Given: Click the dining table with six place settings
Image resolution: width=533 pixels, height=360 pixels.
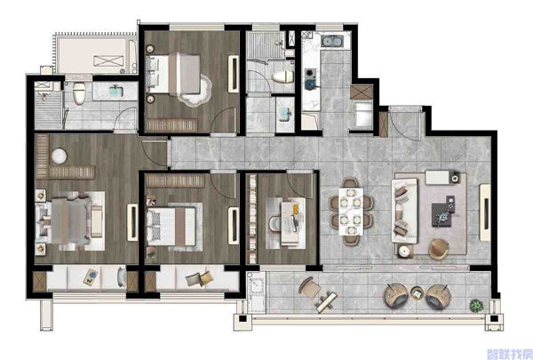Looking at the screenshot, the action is click(351, 211).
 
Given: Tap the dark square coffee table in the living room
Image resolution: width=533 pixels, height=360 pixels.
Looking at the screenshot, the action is click(443, 213).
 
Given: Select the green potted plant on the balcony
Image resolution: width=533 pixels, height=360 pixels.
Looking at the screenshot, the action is click(476, 306).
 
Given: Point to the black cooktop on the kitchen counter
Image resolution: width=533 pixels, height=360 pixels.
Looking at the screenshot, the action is click(311, 79).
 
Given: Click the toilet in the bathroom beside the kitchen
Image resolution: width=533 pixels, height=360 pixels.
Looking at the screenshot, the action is click(283, 76).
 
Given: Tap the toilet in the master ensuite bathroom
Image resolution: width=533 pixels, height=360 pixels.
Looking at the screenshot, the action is click(79, 93).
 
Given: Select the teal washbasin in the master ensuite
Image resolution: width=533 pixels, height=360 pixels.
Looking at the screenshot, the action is click(115, 91).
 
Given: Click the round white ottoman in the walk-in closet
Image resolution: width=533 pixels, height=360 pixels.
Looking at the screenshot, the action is click(60, 156).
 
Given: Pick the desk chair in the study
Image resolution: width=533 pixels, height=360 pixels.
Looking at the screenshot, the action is click(274, 223).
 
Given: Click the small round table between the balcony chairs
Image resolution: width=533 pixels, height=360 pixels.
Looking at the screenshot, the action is click(417, 292).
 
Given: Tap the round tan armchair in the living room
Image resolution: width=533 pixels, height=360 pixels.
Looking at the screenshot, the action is click(439, 249).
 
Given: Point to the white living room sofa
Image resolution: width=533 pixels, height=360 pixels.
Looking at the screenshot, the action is click(404, 211).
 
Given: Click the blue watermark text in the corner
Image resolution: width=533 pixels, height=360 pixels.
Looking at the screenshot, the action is click(509, 354).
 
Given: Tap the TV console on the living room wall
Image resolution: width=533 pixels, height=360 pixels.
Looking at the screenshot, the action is click(485, 212).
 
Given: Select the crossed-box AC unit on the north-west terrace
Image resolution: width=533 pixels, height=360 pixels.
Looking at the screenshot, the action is click(108, 61).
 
